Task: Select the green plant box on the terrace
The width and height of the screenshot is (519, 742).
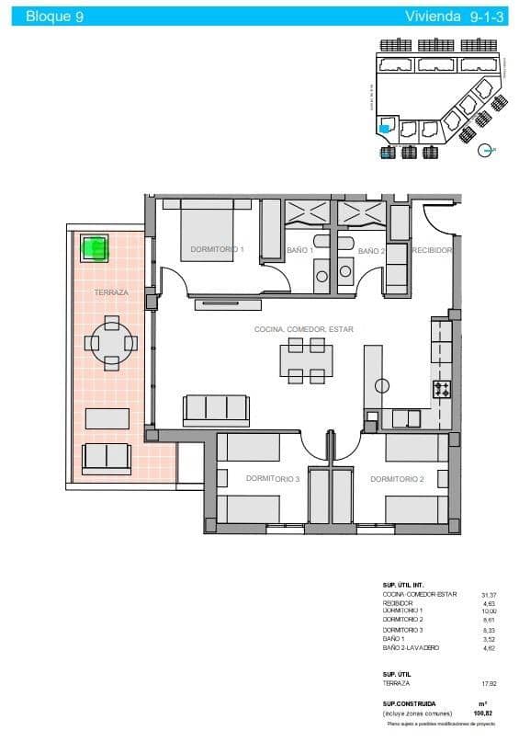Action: pos(95,246)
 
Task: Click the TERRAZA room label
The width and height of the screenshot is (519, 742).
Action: pos(111,292)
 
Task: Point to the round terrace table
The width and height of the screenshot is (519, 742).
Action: pos(111,343)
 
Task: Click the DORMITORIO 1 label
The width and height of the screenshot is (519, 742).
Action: pos(216,249)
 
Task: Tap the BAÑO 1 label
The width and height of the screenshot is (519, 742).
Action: pos(300,250)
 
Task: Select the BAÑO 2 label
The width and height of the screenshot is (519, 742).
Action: pos(370,250)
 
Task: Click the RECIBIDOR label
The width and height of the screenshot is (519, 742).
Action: pos(431,250)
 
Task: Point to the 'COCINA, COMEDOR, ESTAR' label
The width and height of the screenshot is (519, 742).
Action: pos(304,329)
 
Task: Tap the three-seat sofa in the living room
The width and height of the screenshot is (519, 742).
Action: pos(216,409)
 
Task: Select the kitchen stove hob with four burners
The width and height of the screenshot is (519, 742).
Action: pos(442,389)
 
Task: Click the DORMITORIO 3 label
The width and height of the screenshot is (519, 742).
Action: pos(273,479)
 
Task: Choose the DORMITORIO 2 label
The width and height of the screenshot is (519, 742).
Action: pos(396,479)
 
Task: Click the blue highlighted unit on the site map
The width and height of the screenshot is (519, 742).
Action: pos(385,130)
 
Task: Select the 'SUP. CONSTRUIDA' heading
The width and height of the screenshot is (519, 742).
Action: pos(410,703)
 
